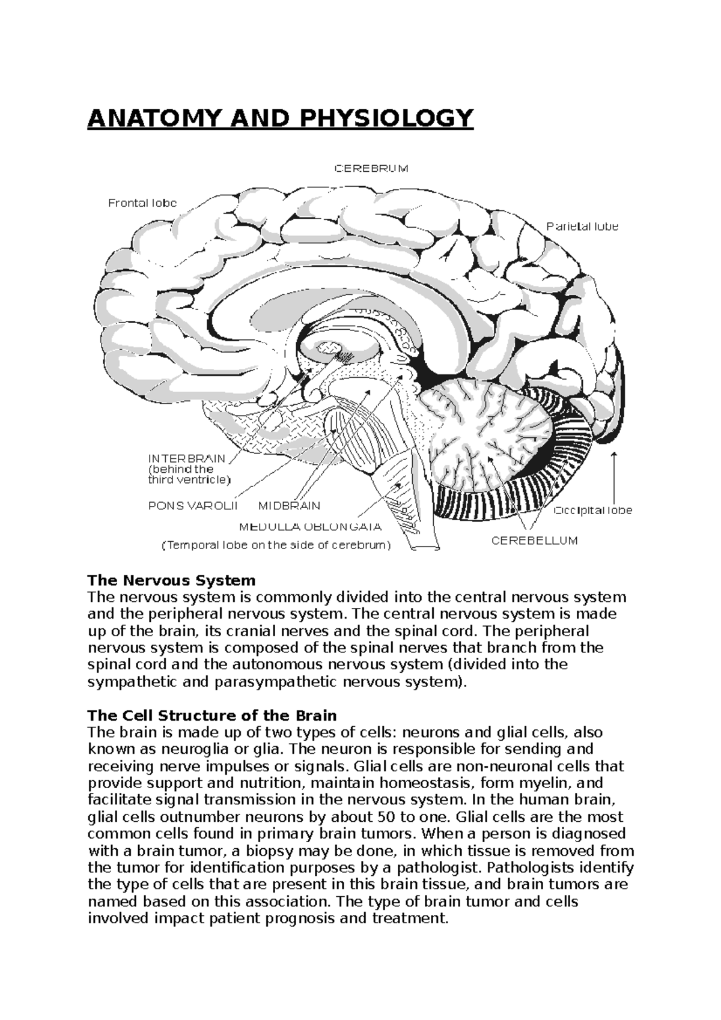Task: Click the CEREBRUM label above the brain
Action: click(x=371, y=169)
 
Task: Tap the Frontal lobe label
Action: click(x=142, y=203)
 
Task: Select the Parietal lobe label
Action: click(x=582, y=226)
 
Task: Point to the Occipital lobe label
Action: click(x=592, y=510)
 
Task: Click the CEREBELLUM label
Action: click(x=534, y=541)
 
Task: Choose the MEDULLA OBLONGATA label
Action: click(x=310, y=527)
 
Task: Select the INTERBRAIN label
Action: click(x=187, y=458)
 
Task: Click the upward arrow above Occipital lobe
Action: click(x=614, y=475)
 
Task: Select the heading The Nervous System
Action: click(x=172, y=581)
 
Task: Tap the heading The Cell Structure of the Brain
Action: click(x=212, y=716)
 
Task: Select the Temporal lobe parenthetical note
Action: click(x=276, y=545)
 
